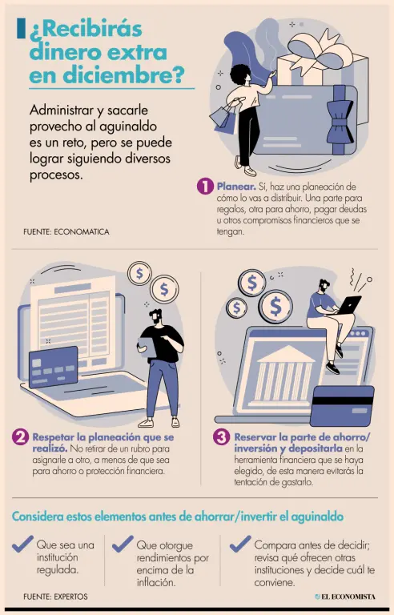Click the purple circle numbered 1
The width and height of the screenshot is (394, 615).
tap(205, 187)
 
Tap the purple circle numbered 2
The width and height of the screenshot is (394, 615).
tap(20, 437)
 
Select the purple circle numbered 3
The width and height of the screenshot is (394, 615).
tap(221, 437)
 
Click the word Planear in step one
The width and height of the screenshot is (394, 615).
tap(236, 187)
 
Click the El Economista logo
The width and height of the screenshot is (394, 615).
tap(345, 597)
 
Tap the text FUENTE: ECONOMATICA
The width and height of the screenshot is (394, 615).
tap(66, 231)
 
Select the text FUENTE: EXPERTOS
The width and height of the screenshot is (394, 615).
tap(55, 597)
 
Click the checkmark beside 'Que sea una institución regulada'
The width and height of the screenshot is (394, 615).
tap(22, 544)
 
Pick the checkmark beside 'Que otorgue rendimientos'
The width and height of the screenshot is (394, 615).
tap(123, 544)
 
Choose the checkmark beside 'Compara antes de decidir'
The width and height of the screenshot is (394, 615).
tap(240, 544)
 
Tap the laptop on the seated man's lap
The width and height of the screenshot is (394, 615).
tap(349, 305)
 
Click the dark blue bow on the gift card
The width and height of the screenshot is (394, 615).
tap(340, 119)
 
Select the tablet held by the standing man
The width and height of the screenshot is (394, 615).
tap(147, 348)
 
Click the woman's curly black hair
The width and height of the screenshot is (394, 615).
tap(240, 74)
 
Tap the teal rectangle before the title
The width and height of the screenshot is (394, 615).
tap(21, 28)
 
